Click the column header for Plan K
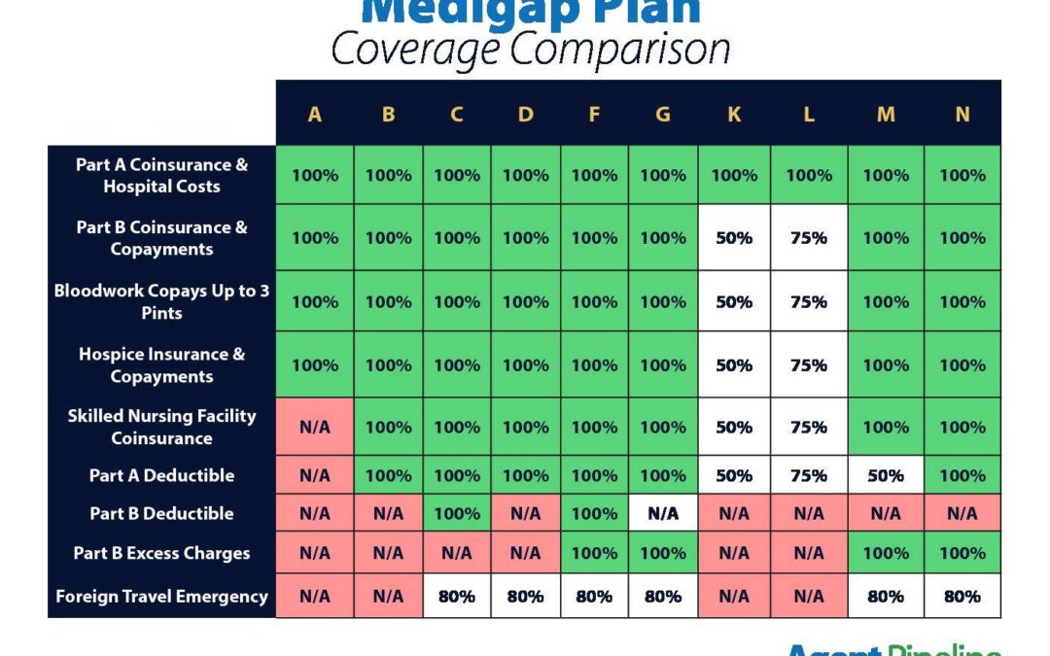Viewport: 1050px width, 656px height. [734, 114]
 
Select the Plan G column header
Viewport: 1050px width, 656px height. [663, 114]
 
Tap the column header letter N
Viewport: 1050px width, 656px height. [962, 114]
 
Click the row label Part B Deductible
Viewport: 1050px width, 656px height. [161, 513]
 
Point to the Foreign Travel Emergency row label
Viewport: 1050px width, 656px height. [161, 597]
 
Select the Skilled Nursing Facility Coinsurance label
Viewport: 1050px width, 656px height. [161, 427]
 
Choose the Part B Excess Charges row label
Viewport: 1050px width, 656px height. [161, 553]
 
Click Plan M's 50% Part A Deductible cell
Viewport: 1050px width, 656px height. [886, 475]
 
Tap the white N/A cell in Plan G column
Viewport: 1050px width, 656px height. [663, 513]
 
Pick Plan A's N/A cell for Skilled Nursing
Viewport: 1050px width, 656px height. [315, 427]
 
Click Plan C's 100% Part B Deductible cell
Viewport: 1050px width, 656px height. [457, 513]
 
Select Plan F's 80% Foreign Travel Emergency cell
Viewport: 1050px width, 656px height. [594, 597]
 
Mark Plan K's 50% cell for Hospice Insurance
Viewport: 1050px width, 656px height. [734, 365]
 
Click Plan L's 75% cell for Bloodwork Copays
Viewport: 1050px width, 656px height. [809, 301]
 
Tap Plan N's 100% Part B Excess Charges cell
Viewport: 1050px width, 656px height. [962, 553]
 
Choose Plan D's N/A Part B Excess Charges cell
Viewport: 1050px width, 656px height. [525, 553]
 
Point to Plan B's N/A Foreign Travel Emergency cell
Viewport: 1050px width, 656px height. [388, 597]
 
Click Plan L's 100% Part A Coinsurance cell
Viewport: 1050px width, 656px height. [809, 175]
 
